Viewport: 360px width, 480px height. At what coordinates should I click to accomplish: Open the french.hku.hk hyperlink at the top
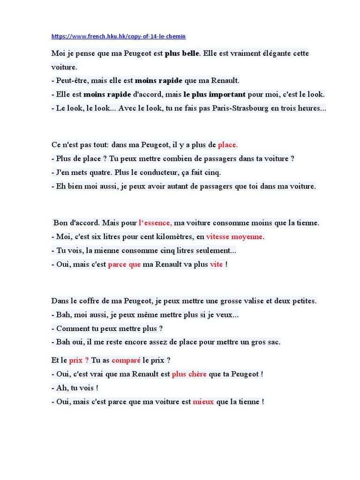[x=115, y=36]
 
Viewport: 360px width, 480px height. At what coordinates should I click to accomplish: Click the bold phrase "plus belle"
[x=182, y=53]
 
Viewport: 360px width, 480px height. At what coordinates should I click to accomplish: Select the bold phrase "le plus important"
[x=214, y=94]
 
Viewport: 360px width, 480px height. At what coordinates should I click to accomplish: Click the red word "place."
[x=228, y=145]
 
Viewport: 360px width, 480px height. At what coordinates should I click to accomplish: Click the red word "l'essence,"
[x=155, y=223]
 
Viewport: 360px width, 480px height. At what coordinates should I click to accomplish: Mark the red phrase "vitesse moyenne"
[x=235, y=236]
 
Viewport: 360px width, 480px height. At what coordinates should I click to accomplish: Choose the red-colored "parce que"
[x=124, y=264]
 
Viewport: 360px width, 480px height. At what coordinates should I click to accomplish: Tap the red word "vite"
[x=217, y=264]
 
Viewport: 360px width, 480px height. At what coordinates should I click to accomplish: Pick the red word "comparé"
[x=126, y=360]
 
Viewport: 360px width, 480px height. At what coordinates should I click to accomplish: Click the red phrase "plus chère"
[x=189, y=374]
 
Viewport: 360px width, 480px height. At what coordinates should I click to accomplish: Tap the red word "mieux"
[x=203, y=402]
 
